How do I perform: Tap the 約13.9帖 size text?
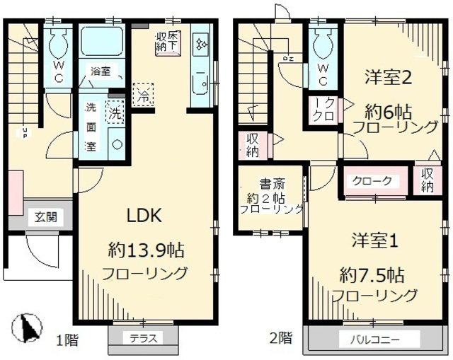click(147, 250)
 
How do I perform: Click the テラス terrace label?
click(139, 338)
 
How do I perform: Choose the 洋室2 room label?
click(389, 77)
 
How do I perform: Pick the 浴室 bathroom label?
click(100, 71)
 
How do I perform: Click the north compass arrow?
click(25, 328)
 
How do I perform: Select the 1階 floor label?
click(67, 340)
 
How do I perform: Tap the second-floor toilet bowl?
click(322, 43)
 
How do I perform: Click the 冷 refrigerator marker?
click(143, 93)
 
